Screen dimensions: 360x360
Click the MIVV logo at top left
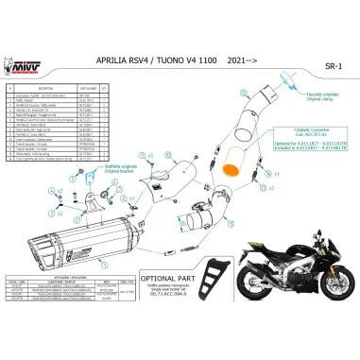pyautogui.click(x=16, y=68)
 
